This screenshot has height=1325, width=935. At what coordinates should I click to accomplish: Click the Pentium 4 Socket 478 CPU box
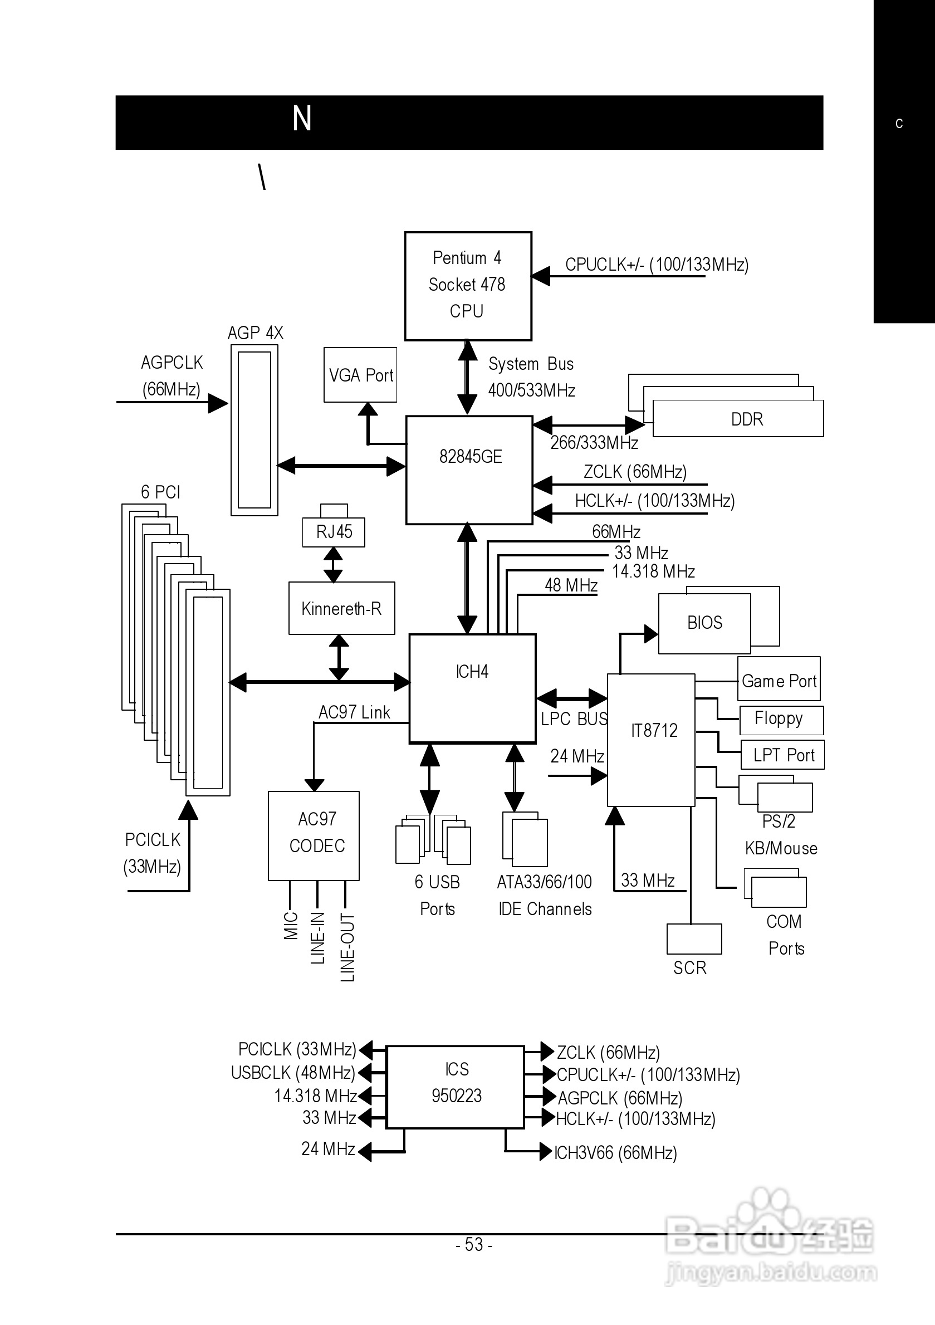coord(468,286)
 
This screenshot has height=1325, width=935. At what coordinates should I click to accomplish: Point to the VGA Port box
coord(360,374)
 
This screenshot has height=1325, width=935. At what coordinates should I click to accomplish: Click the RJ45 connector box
coord(334,531)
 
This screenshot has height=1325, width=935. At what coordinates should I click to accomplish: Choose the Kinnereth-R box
coord(342,608)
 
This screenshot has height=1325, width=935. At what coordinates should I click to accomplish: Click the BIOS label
coord(704,623)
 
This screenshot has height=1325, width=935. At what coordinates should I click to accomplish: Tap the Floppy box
coord(780,720)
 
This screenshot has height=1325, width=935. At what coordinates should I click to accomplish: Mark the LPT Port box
coord(782,755)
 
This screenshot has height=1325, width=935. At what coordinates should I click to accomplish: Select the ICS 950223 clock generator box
coord(456,1087)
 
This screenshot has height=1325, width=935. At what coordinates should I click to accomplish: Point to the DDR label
coord(747,419)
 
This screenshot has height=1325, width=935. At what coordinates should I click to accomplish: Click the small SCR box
coord(694,939)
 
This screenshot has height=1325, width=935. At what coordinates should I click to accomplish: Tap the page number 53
coord(474,1244)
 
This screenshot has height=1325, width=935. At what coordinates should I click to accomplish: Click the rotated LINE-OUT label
coord(347,946)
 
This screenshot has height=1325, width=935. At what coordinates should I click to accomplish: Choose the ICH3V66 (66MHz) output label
coord(615,1152)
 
